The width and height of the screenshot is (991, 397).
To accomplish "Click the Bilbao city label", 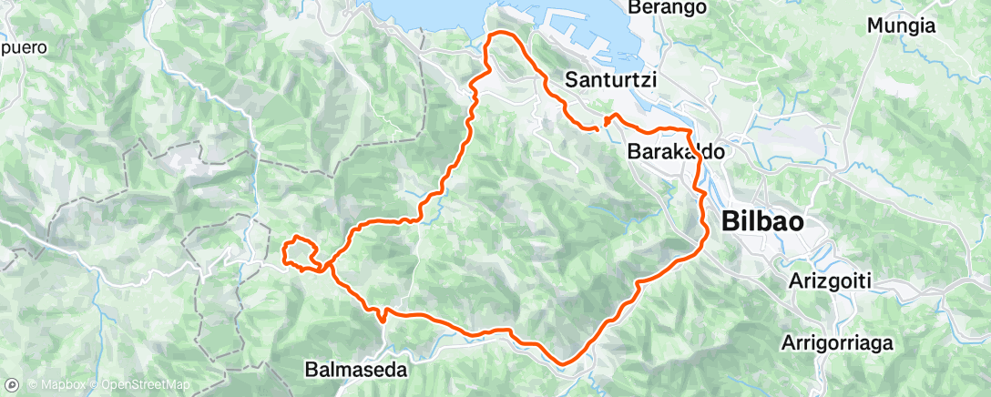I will coord(763,221).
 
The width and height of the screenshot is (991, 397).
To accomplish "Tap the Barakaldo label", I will coord(676,153).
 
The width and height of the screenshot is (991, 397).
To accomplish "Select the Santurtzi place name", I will coord(611,80).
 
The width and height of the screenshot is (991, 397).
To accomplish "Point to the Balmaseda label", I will coord(355,372).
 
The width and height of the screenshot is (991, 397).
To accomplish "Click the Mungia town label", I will coord(901,26).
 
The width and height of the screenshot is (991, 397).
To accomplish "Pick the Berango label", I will coord(668,7).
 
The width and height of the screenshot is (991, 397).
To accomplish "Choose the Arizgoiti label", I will coord(830,282).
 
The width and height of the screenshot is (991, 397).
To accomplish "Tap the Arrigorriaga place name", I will coord(837,344).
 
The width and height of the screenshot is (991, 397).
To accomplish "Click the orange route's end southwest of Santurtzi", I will coord(596,130).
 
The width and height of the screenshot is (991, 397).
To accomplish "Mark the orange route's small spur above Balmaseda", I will coord(383,316).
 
